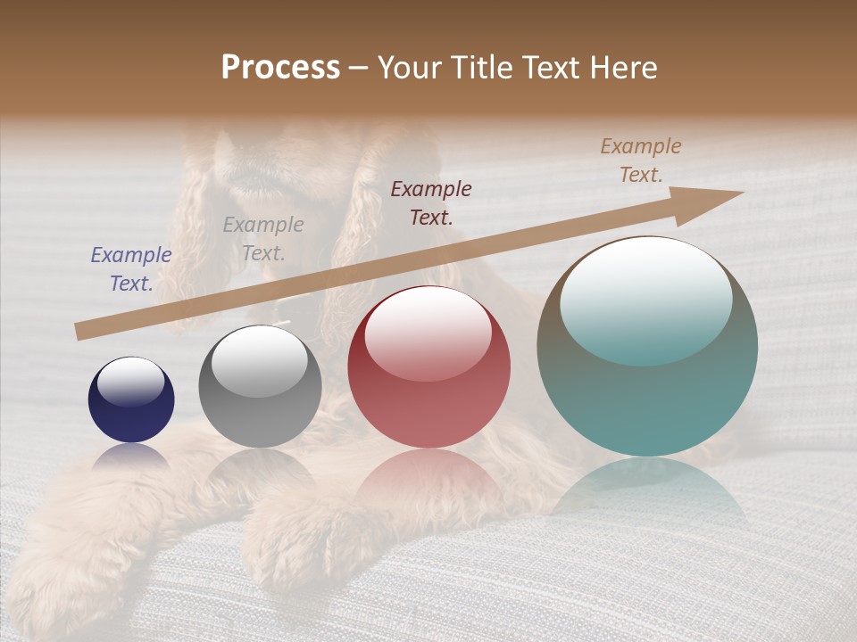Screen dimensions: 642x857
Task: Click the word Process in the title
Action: [x=280, y=68]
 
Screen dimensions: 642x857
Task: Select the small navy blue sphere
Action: [x=131, y=399]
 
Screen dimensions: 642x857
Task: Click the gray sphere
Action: [x=260, y=386]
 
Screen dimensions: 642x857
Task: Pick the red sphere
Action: [x=429, y=367]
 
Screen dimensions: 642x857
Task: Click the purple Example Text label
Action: [x=131, y=269]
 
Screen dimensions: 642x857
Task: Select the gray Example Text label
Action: [x=263, y=239]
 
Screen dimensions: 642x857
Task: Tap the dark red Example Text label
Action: [x=431, y=202]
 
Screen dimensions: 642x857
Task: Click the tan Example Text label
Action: [x=641, y=160]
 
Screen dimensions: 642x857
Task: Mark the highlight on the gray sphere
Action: [x=259, y=359]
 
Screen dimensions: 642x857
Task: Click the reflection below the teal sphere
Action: [x=647, y=490]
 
